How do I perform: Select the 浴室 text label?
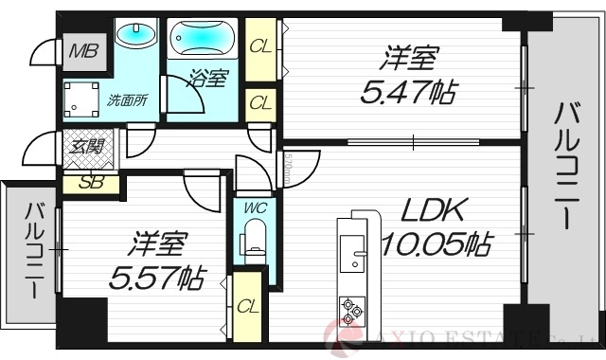[207, 79]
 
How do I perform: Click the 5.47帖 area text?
[407, 92]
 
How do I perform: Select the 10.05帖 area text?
[436, 245]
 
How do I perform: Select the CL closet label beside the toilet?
[248, 305]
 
